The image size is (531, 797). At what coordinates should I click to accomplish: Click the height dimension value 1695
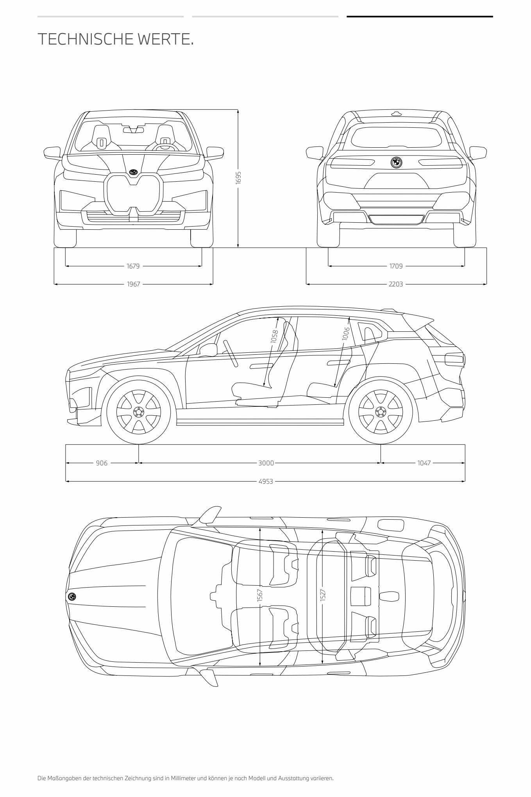(238, 178)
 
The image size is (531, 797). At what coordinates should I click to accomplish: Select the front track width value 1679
(133, 266)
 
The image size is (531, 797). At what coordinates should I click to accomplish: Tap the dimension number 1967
(134, 284)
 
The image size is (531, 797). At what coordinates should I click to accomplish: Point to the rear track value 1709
(396, 266)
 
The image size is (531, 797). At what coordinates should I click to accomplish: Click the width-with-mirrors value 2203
(396, 284)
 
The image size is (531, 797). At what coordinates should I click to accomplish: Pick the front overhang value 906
(102, 463)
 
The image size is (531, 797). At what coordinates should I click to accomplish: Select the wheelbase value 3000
(266, 463)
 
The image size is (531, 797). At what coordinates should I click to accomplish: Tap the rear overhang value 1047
(424, 463)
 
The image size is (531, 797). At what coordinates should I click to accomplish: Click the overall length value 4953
(266, 481)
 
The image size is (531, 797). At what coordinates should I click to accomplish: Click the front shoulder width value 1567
(260, 595)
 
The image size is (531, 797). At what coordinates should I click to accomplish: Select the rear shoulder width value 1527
(323, 595)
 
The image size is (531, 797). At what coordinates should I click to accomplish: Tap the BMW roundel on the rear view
(397, 163)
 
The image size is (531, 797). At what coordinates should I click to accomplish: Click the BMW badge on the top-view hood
(72, 597)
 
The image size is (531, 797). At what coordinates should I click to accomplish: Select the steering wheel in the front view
(165, 147)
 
